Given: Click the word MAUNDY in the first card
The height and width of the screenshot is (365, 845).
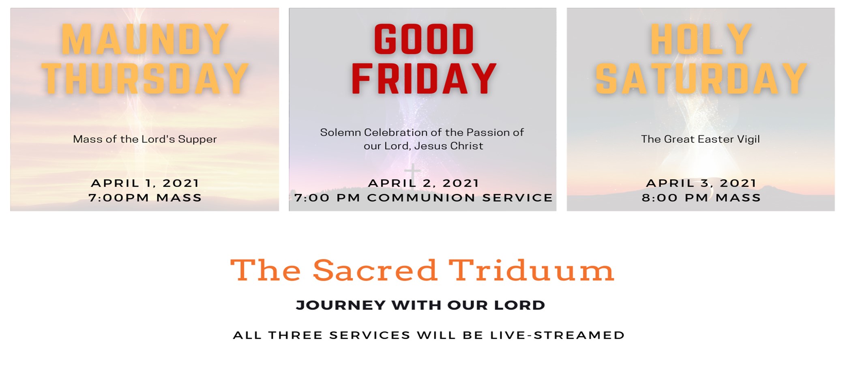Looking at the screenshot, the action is pyautogui.click(x=145, y=39).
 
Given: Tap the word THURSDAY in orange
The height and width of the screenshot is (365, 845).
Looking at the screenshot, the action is pyautogui.click(x=145, y=79).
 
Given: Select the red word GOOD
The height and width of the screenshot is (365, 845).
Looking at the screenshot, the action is pyautogui.click(x=424, y=39).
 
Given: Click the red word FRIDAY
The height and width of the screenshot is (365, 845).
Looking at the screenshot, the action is pyautogui.click(x=424, y=79).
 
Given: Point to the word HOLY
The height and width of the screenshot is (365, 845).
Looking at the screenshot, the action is pyautogui.click(x=701, y=39).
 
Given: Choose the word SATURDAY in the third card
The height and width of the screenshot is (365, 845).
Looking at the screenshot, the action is pyautogui.click(x=701, y=79).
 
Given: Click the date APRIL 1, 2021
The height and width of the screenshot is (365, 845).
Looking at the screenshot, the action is pyautogui.click(x=145, y=183).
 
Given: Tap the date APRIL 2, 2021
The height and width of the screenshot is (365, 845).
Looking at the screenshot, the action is pyautogui.click(x=424, y=183).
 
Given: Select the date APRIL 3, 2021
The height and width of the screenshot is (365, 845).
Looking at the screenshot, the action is pyautogui.click(x=701, y=183).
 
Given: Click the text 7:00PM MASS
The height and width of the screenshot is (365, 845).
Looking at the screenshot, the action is pyautogui.click(x=145, y=198).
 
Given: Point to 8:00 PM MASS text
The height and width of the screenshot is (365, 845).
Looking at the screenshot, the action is pyautogui.click(x=701, y=198).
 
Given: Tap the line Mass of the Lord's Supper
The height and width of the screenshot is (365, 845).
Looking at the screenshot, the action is pyautogui.click(x=145, y=139).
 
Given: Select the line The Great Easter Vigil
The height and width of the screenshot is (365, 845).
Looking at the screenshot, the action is pyautogui.click(x=701, y=139).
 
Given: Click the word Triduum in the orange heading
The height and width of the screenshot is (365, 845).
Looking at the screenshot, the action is pyautogui.click(x=531, y=270).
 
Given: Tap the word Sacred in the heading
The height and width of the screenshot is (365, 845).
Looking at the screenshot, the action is pyautogui.click(x=375, y=270).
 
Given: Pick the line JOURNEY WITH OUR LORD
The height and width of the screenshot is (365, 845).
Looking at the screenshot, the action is pyautogui.click(x=421, y=305).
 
